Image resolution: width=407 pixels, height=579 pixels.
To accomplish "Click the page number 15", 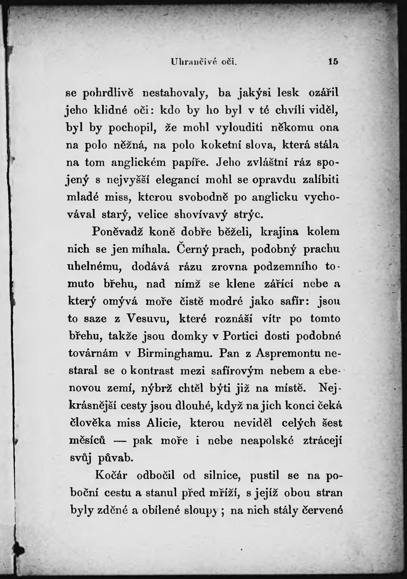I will coord(333,61).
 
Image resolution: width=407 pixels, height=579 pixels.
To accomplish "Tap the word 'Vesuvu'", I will coord(147,319).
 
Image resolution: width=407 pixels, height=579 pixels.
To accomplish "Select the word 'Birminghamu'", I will coord(175,353).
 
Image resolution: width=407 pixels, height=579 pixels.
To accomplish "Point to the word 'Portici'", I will coord(241,336).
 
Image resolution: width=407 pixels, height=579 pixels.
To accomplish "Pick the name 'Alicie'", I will coord(164,423).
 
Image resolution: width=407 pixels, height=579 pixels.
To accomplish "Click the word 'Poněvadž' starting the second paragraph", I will coord(117,232).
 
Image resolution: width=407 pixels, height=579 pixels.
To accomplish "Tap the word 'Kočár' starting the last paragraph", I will coord(111,475).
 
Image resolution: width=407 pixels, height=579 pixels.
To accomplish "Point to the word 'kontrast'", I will coord(152,371).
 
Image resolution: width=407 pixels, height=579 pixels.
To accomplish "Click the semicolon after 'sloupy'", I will coord(222,511).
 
